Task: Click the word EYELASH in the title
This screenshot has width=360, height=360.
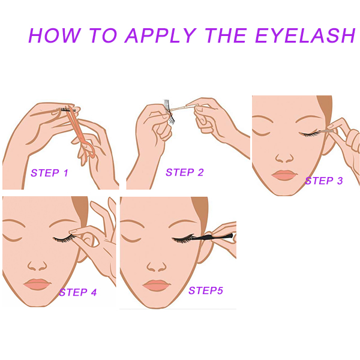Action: (x=305, y=35)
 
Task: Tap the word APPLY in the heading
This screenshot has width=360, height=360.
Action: (x=160, y=35)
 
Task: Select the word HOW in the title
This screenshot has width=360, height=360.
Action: (x=55, y=35)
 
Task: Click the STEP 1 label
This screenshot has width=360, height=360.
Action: (x=50, y=173)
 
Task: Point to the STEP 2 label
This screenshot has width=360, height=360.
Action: (x=185, y=172)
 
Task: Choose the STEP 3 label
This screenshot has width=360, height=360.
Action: (x=324, y=181)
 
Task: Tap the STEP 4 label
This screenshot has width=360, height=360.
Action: (x=78, y=292)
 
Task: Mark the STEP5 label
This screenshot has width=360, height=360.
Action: (x=206, y=290)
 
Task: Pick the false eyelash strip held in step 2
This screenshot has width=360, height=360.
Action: (x=169, y=112)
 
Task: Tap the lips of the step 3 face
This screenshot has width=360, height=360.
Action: (x=284, y=175)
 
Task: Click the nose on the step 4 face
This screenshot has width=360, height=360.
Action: (x=37, y=266)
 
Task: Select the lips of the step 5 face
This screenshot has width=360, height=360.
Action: (x=157, y=286)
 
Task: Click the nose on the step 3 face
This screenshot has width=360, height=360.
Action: (x=284, y=158)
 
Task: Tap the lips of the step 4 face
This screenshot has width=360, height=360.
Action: (x=37, y=284)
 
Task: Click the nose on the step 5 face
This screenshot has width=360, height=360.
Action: (x=157, y=267)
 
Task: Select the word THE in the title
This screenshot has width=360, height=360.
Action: (x=226, y=35)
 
